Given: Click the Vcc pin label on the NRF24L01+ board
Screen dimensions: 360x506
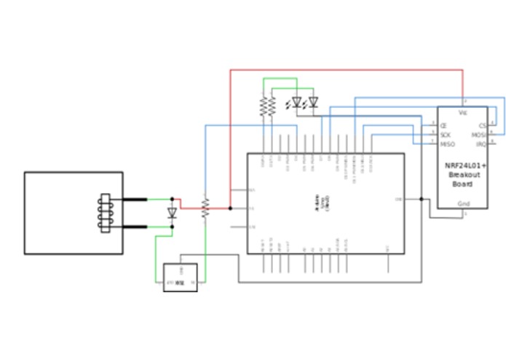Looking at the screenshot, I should (x=463, y=114).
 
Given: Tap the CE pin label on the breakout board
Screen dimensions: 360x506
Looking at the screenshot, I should (x=443, y=125).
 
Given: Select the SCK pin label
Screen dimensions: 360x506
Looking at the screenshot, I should (x=445, y=135).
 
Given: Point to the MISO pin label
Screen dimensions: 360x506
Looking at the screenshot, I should (x=447, y=144).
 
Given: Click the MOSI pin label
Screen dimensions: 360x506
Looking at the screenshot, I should (x=479, y=135).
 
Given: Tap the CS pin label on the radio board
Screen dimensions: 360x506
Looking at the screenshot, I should (x=483, y=125).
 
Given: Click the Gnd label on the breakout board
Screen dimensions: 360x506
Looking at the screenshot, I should (x=463, y=204).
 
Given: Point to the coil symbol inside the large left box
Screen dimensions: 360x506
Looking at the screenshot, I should (x=105, y=213).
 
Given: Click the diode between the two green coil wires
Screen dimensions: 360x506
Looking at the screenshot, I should (x=173, y=214).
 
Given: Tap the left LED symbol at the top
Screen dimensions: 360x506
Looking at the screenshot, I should (x=297, y=103).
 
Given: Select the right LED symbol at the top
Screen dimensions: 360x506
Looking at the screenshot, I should (x=314, y=103).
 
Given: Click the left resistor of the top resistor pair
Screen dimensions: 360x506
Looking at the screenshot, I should (x=264, y=107).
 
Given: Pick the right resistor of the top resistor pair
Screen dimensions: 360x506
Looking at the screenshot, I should (x=272, y=107).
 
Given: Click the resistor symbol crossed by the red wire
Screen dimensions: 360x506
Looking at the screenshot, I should (x=205, y=208).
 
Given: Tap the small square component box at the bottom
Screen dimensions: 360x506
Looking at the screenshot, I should (x=180, y=278).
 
